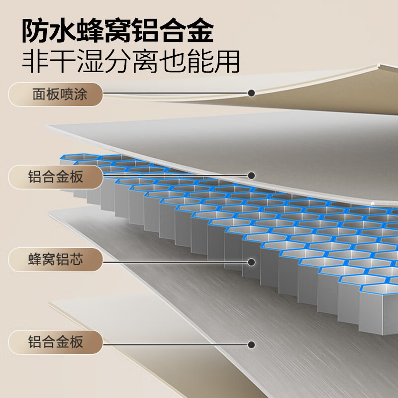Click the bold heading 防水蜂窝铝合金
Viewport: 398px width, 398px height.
117,31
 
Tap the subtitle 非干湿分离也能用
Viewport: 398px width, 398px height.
131,62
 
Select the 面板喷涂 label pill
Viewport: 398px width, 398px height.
56,94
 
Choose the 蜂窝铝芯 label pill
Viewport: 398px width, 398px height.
56,259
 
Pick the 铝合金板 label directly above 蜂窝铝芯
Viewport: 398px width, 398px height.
56,177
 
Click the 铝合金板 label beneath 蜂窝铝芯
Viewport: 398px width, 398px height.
56,342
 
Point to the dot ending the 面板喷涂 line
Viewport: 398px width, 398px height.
251,93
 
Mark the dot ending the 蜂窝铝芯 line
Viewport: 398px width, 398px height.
251,262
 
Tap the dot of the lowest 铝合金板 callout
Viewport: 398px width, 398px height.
251,345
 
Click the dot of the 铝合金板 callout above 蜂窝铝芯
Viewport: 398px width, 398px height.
251,176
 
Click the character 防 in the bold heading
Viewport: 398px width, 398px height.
35,31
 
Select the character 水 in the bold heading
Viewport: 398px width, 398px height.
63,31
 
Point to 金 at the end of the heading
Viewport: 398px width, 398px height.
200,31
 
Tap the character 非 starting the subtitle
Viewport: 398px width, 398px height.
35,62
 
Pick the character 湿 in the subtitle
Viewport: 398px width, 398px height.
91,62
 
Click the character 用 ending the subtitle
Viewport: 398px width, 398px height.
227,62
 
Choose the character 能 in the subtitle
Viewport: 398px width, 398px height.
199,62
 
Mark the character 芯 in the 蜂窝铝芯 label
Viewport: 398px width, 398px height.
77,259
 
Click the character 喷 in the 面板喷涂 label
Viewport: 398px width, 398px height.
67,94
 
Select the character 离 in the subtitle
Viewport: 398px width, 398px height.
145,62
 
